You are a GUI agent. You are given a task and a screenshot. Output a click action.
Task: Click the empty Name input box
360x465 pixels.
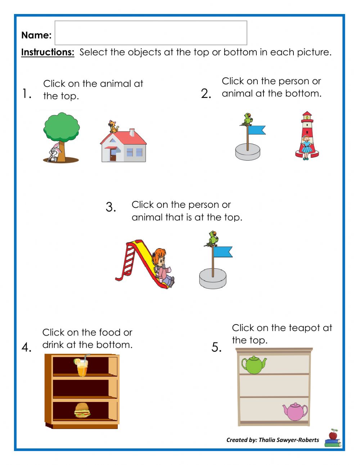click(x=151, y=33)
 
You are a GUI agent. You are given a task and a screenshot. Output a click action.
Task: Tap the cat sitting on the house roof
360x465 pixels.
click(x=113, y=127)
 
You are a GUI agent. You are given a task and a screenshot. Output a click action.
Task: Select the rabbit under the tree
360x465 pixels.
click(x=54, y=152)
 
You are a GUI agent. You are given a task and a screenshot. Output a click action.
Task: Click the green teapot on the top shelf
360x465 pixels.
click(x=254, y=365)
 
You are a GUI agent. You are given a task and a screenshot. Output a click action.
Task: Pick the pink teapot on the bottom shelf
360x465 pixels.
click(x=295, y=411)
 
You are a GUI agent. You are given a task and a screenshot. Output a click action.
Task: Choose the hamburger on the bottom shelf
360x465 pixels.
click(x=82, y=410)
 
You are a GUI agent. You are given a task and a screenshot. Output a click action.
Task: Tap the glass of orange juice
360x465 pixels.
click(x=82, y=367)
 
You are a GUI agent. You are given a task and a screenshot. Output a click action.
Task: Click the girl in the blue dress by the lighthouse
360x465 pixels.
click(x=306, y=147)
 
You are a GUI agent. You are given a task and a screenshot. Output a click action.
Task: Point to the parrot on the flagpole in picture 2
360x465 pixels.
click(x=247, y=119)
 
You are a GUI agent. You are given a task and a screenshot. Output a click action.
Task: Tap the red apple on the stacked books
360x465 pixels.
click(x=333, y=434)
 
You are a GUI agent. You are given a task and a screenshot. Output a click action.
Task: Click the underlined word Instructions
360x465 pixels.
click(x=48, y=52)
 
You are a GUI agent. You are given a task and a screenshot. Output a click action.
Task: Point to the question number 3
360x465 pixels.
click(x=111, y=207)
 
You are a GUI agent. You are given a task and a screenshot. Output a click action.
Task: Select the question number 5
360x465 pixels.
click(x=216, y=347)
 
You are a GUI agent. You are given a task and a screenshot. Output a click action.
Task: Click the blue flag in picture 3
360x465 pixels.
click(x=223, y=252)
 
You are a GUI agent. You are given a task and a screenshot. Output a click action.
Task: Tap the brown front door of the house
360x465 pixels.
click(x=113, y=156)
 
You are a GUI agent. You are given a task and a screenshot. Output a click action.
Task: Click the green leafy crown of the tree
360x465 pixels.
click(x=62, y=127)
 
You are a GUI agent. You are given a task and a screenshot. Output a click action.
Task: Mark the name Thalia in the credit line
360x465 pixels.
click(x=267, y=440)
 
